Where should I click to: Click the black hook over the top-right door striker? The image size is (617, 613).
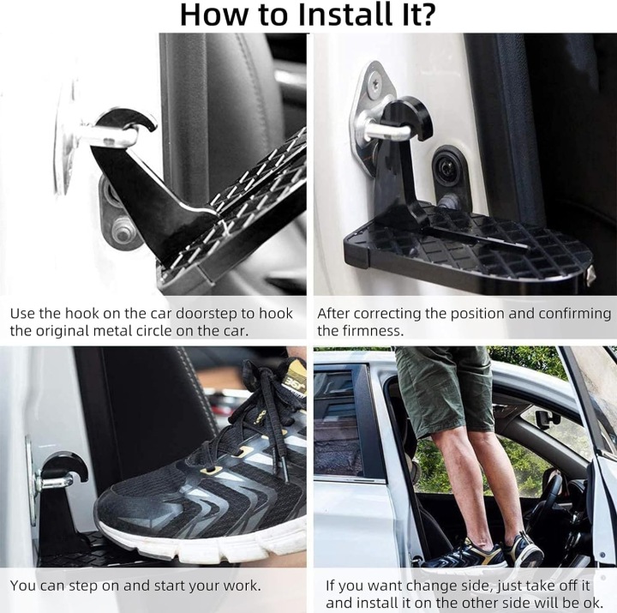(x=410, y=118)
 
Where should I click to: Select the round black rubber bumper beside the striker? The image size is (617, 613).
(x=447, y=169)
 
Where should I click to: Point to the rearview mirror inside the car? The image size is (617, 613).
(x=548, y=419)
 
